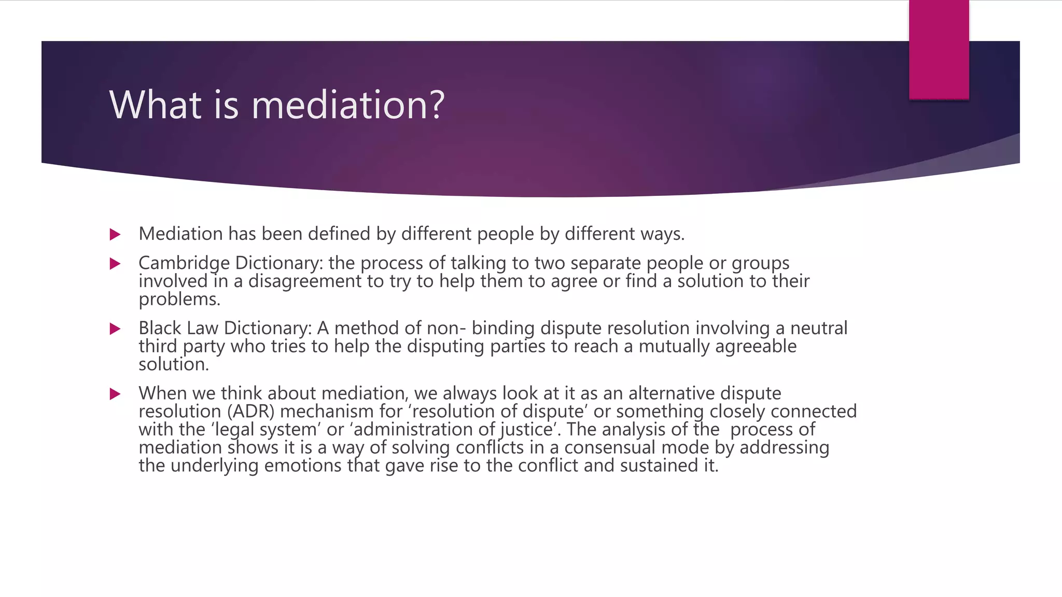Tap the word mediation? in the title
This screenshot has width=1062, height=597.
click(348, 105)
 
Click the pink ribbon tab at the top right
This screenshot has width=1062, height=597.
click(939, 50)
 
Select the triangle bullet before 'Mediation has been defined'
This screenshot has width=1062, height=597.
click(115, 235)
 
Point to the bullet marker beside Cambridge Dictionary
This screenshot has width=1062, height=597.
click(115, 264)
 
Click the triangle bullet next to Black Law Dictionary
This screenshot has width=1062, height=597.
click(115, 329)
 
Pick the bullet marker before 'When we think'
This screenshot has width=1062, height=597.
click(115, 394)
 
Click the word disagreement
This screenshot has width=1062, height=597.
click(305, 281)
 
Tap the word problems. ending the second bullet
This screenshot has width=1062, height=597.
click(179, 300)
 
